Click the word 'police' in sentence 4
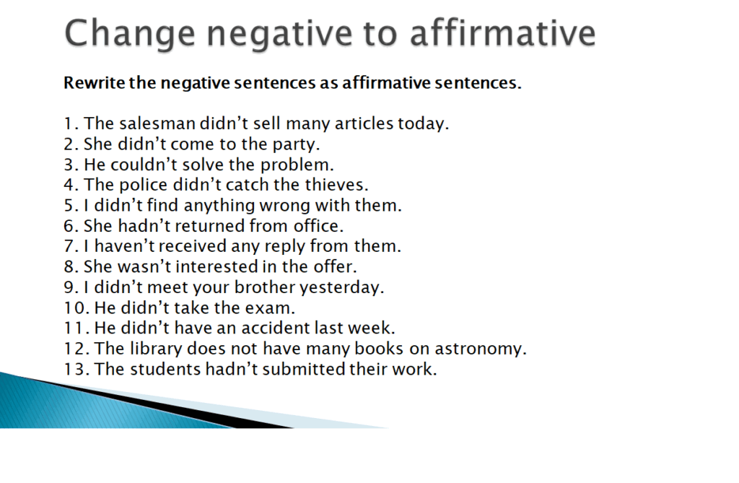coord(157,185)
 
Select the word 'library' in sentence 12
coord(159,349)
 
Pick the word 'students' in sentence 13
coord(163,370)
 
